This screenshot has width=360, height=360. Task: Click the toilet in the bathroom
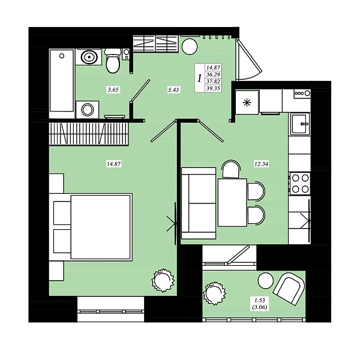(113, 61)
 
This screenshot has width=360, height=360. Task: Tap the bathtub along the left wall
(62, 81)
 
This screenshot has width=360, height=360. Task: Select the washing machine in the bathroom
(88, 110)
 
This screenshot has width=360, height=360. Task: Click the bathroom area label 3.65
(113, 89)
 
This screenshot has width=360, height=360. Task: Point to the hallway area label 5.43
(173, 89)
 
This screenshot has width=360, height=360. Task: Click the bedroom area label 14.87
(113, 164)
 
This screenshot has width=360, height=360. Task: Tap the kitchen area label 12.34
(261, 164)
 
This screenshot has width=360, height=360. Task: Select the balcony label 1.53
(260, 300)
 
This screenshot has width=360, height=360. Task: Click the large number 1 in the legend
(200, 78)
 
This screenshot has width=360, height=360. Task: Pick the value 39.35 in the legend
(213, 89)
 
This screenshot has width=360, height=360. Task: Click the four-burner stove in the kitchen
(300, 184)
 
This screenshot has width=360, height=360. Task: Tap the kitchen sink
(300, 124)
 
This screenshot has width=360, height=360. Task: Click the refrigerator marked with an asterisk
(247, 102)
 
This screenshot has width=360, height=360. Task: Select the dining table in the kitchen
(232, 203)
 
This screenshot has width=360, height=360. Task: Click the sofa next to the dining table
(199, 203)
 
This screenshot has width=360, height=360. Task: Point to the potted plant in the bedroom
(163, 280)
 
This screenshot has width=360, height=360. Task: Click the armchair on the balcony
(289, 289)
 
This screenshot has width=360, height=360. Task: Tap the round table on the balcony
(266, 280)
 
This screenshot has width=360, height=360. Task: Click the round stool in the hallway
(190, 47)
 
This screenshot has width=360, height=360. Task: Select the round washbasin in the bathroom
(89, 57)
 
